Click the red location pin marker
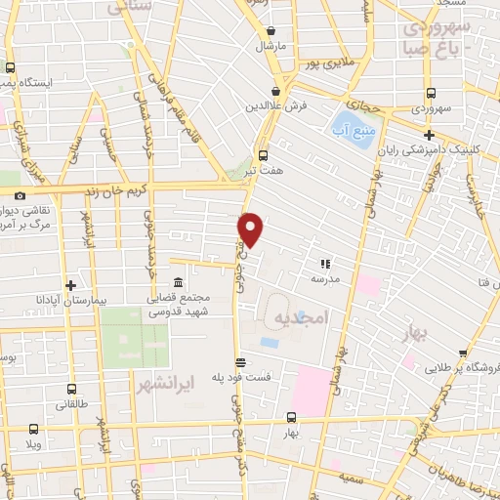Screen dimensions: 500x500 [x=251, y=229]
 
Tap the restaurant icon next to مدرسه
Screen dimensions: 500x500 [x=325, y=263]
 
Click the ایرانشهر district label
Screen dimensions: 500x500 [x=170, y=378]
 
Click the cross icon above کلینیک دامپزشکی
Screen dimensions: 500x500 [x=428, y=136]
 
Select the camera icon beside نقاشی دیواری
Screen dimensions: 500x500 [x=20, y=196]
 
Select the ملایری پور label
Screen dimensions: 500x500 [x=325, y=63]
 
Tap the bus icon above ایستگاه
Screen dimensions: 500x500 [x=10, y=68]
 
